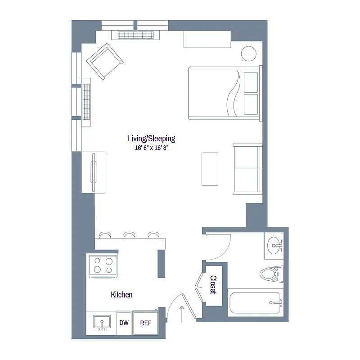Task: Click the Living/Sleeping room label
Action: tap(151, 139)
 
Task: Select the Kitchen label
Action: tap(121, 295)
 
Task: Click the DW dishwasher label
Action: tap(124, 323)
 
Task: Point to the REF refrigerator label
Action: tap(145, 323)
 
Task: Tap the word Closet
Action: tap(213, 285)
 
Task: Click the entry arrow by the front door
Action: tap(182, 314)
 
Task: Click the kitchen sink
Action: tap(102, 323)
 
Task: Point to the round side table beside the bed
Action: tap(248, 54)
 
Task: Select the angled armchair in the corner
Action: tap(105, 61)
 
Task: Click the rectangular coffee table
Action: tap(210, 169)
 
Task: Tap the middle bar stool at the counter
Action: tap(130, 234)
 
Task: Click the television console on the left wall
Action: tap(94, 172)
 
